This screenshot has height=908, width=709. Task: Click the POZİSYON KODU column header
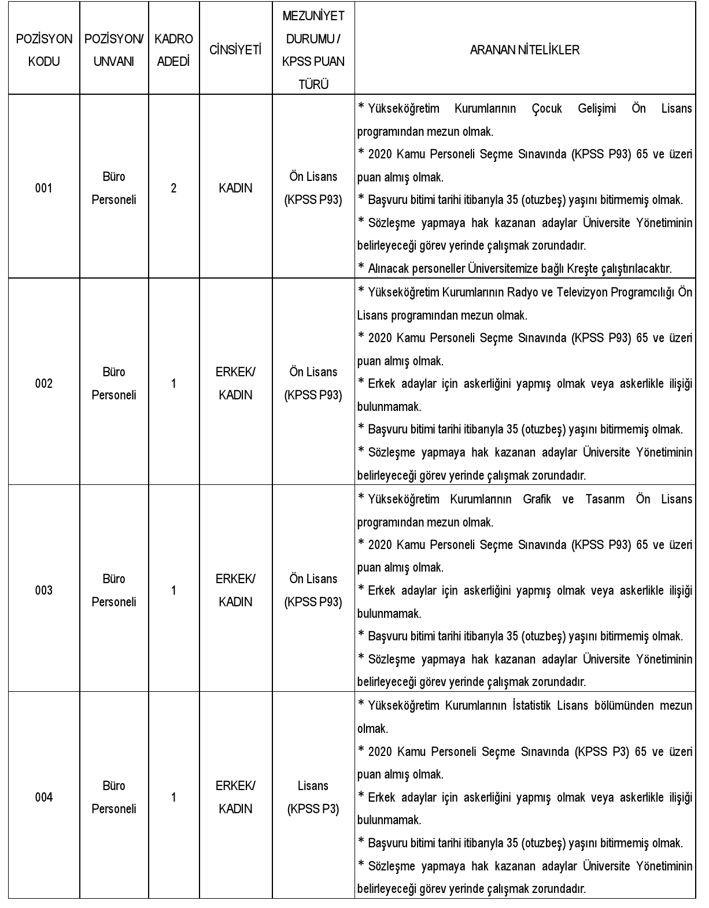pyautogui.click(x=44, y=50)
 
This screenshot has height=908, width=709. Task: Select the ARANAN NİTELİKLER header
pyautogui.click(x=524, y=50)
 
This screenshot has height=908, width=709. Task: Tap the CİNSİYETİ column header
pyautogui.click(x=235, y=50)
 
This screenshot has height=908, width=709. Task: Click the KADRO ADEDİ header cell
pyautogui.click(x=173, y=50)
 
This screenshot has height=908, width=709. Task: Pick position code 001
pyautogui.click(x=44, y=188)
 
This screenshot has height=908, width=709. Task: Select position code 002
pyautogui.click(x=44, y=383)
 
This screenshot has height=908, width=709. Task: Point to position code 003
pyautogui.click(x=44, y=590)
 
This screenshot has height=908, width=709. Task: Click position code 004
pyautogui.click(x=44, y=797)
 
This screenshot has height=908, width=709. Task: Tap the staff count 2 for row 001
pyautogui.click(x=173, y=188)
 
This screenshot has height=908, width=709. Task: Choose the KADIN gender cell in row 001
pyautogui.click(x=235, y=188)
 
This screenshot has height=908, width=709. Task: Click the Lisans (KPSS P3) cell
pyautogui.click(x=313, y=797)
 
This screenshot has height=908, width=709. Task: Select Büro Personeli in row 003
pyautogui.click(x=114, y=590)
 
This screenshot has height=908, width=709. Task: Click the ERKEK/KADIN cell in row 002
pyautogui.click(x=235, y=383)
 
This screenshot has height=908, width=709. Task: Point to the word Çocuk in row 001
pyautogui.click(x=546, y=109)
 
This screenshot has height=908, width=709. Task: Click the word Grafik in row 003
pyautogui.click(x=537, y=499)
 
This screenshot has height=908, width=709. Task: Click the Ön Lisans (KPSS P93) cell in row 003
pyautogui.click(x=313, y=590)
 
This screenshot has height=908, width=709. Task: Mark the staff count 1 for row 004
pyautogui.click(x=173, y=797)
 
